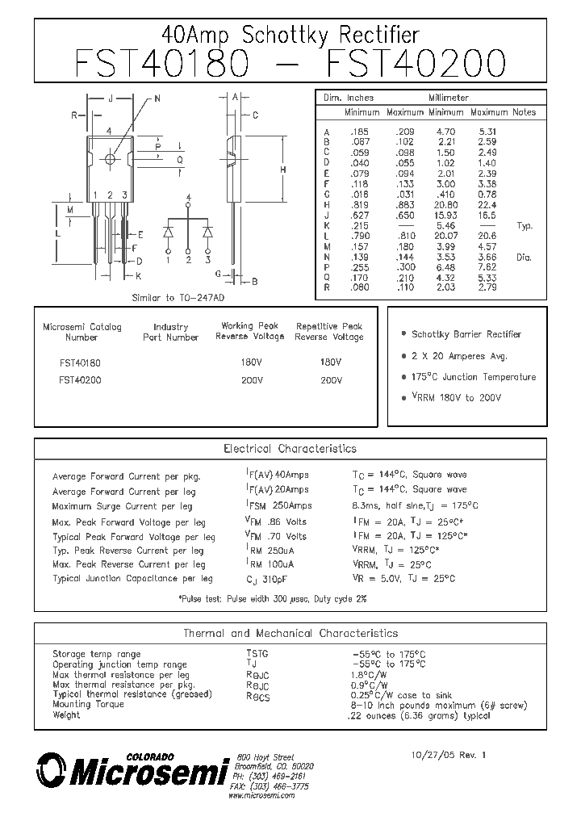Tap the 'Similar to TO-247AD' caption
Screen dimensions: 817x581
pyautogui.click(x=177, y=298)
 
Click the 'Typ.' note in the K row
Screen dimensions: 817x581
pyautogui.click(x=525, y=226)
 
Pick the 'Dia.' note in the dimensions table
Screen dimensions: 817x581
pyautogui.click(x=525, y=258)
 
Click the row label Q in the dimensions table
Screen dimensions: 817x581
pyautogui.click(x=327, y=279)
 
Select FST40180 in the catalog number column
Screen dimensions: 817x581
pyautogui.click(x=80, y=362)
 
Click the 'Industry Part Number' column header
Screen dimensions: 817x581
pyautogui.click(x=170, y=332)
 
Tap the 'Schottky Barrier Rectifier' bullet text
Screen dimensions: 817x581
pyautogui.click(x=466, y=334)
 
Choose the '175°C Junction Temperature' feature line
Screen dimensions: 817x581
pyautogui.click(x=474, y=377)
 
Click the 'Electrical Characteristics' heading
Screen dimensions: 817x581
pyautogui.click(x=290, y=449)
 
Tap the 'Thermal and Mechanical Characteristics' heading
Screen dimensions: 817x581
pyautogui.click(x=290, y=634)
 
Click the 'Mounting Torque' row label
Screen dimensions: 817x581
pyautogui.click(x=88, y=705)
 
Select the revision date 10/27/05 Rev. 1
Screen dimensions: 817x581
pyautogui.click(x=449, y=755)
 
